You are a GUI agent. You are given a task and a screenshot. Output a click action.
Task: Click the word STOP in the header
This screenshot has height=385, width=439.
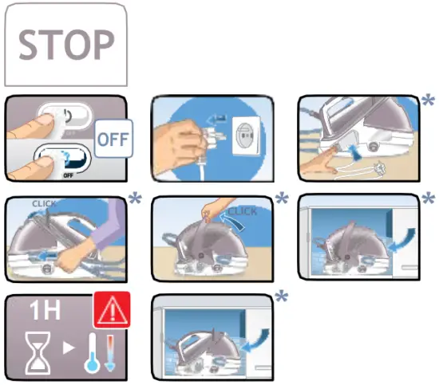(x=65, y=45)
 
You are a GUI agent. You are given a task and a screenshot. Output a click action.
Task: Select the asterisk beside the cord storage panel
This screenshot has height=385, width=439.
(x=429, y=102)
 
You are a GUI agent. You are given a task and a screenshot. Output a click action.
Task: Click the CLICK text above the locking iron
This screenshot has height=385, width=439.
(x=46, y=203)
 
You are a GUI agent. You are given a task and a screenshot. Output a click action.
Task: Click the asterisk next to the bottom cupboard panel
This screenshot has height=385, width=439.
(x=281, y=297)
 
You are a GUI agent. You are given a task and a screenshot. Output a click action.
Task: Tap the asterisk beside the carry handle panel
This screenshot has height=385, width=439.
(x=281, y=198)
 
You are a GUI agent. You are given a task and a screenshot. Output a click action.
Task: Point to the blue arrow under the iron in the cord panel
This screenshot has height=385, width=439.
(x=350, y=147)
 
